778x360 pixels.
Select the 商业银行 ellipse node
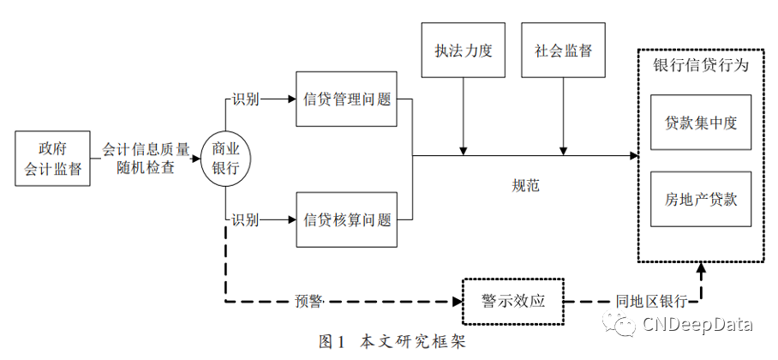pos(225,159)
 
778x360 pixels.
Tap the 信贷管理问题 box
pos(347,99)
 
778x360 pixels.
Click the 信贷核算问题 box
pos(347,219)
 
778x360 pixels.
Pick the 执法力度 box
pos(464,51)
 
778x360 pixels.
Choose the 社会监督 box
pos(562,51)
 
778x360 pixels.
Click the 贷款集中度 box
pos(701,123)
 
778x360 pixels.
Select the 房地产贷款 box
pos(701,199)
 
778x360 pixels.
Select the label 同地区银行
pos(651,302)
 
